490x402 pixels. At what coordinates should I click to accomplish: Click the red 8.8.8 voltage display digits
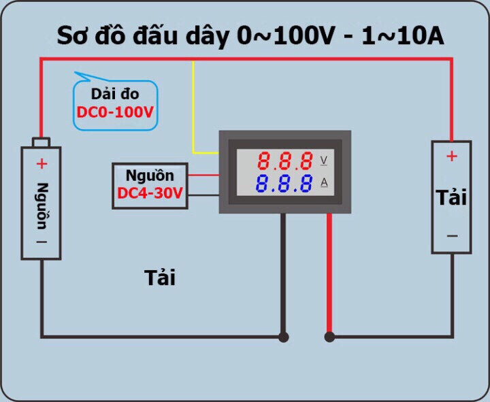[x=285, y=161]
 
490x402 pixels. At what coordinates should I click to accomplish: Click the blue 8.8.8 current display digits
[x=285, y=183]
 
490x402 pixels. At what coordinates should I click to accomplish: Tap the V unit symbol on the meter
[x=324, y=161]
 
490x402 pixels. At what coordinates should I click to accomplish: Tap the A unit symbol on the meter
[x=324, y=182]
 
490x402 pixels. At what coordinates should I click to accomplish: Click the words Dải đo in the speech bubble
[x=114, y=95]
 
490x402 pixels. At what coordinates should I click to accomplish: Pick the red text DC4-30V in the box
[x=150, y=194]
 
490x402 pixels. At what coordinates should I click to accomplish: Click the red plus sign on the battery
[x=42, y=163]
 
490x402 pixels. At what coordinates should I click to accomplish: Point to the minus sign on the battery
[x=42, y=241]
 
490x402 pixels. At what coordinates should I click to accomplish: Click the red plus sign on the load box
[x=451, y=156]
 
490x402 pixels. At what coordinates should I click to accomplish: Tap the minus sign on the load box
[x=451, y=236]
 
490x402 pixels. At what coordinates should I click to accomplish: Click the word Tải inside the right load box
[x=451, y=197]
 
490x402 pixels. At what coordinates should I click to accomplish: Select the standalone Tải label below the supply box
[x=160, y=278]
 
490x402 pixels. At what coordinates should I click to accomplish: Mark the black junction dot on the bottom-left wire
[x=283, y=337]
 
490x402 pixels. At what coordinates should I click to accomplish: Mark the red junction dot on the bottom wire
[x=329, y=337]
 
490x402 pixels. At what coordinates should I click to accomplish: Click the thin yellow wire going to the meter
[x=194, y=109]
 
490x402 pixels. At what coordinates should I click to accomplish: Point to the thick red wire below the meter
[x=329, y=272]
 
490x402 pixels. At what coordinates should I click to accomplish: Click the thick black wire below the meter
[x=283, y=272]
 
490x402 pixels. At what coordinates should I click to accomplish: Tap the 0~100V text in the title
[x=286, y=37]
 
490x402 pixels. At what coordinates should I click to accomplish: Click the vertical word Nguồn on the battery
[x=42, y=207]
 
